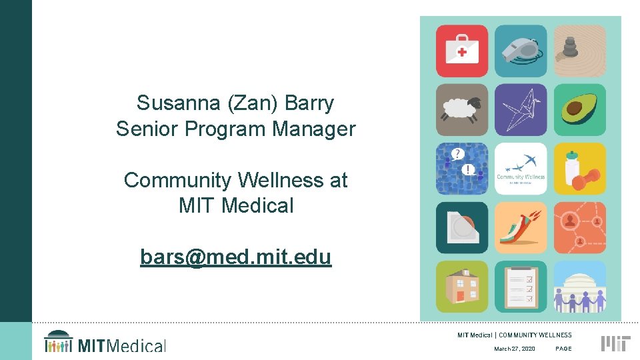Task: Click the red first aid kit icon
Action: [x=462, y=51]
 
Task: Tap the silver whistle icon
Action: [x=521, y=51]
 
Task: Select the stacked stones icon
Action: [x=579, y=51]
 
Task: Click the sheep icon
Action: [x=462, y=110]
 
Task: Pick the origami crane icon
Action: [x=521, y=110]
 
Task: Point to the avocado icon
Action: [x=579, y=110]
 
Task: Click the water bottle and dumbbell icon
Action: [x=579, y=169]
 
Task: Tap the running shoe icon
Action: [x=521, y=228]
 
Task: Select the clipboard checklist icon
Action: [x=521, y=287]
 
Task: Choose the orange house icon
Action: [x=462, y=287]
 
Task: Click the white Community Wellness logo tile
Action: [x=521, y=169]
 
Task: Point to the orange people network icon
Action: [x=579, y=228]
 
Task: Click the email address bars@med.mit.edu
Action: [x=235, y=257]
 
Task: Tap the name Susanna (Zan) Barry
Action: [x=235, y=103]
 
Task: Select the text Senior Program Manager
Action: [x=235, y=129]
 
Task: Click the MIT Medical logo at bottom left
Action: [x=105, y=342]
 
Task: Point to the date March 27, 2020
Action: [x=514, y=349]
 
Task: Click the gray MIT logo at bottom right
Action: [x=615, y=343]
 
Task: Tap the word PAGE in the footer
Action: [x=563, y=349]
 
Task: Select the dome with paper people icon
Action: [x=579, y=287]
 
